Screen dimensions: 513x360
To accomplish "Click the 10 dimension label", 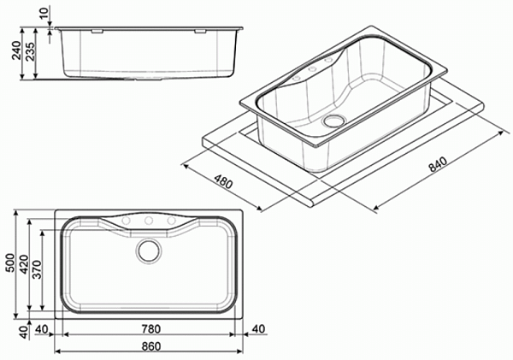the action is [44, 12].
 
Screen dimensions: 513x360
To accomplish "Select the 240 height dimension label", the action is [16, 50].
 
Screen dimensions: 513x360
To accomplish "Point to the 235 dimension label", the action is [31, 51].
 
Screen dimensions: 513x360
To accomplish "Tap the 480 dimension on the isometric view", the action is [223, 182].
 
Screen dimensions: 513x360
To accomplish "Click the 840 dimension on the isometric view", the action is [438, 164].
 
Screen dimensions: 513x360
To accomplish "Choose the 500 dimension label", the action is [10, 263].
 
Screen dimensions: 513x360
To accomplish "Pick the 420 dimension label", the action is [24, 264].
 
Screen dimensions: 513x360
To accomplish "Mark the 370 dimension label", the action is [37, 269].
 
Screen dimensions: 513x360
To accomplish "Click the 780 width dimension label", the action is [150, 329].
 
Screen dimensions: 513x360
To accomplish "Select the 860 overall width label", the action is [150, 346].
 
